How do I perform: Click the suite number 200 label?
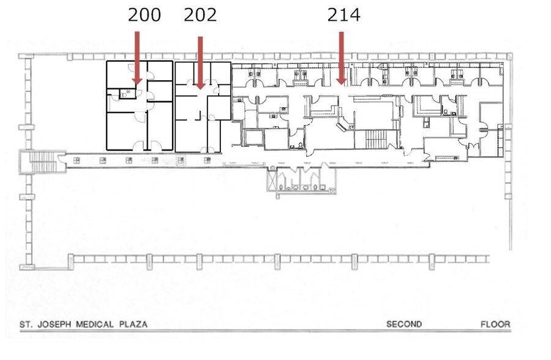pos(144,15)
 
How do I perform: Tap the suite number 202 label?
pos(200,15)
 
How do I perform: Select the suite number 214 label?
pos(343,15)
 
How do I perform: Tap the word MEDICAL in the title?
pos(95,324)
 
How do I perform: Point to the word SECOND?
pos(403,324)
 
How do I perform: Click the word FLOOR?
pos(495,324)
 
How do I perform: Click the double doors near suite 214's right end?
pos(472,146)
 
